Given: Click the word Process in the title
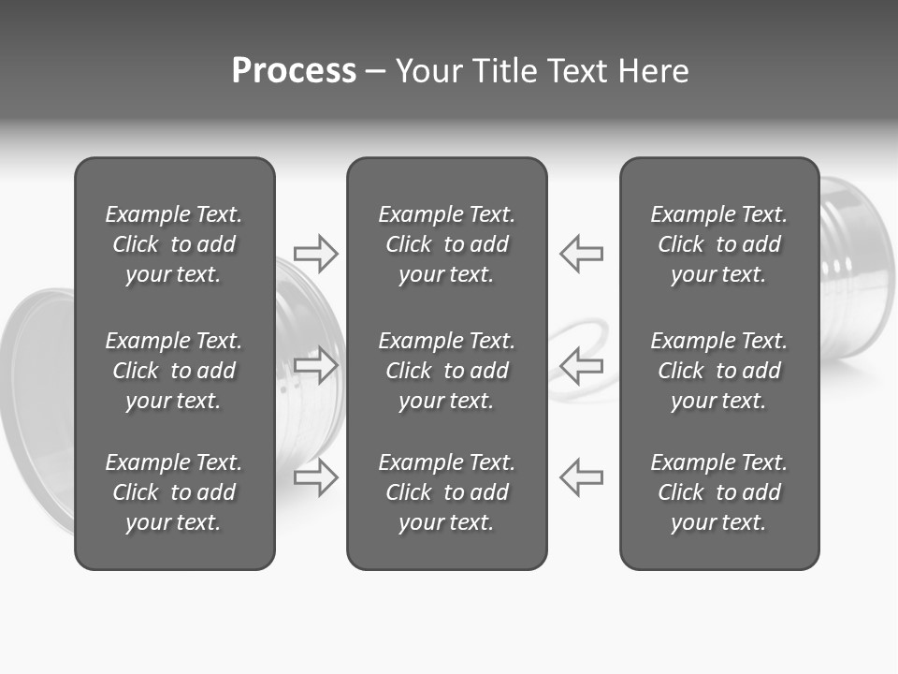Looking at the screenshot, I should [294, 71].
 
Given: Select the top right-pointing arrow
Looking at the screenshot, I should [316, 253].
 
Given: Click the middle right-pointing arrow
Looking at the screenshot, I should [316, 364].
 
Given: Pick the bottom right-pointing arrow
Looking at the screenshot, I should [316, 476].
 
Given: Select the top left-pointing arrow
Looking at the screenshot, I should [582, 253].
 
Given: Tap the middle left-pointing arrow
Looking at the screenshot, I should [582, 364].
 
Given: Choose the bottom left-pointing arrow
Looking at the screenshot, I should [582, 476].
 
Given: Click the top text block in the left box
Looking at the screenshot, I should [174, 244].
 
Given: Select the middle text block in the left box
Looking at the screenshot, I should [174, 371].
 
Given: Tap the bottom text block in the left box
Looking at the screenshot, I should [174, 492].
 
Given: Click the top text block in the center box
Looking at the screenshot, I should [447, 244].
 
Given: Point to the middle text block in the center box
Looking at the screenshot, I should [447, 371].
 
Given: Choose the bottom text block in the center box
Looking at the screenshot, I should [447, 492].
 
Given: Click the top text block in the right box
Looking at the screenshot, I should [719, 244].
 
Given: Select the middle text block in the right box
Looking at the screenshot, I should [719, 371].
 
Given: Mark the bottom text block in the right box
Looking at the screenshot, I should [719, 492].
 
